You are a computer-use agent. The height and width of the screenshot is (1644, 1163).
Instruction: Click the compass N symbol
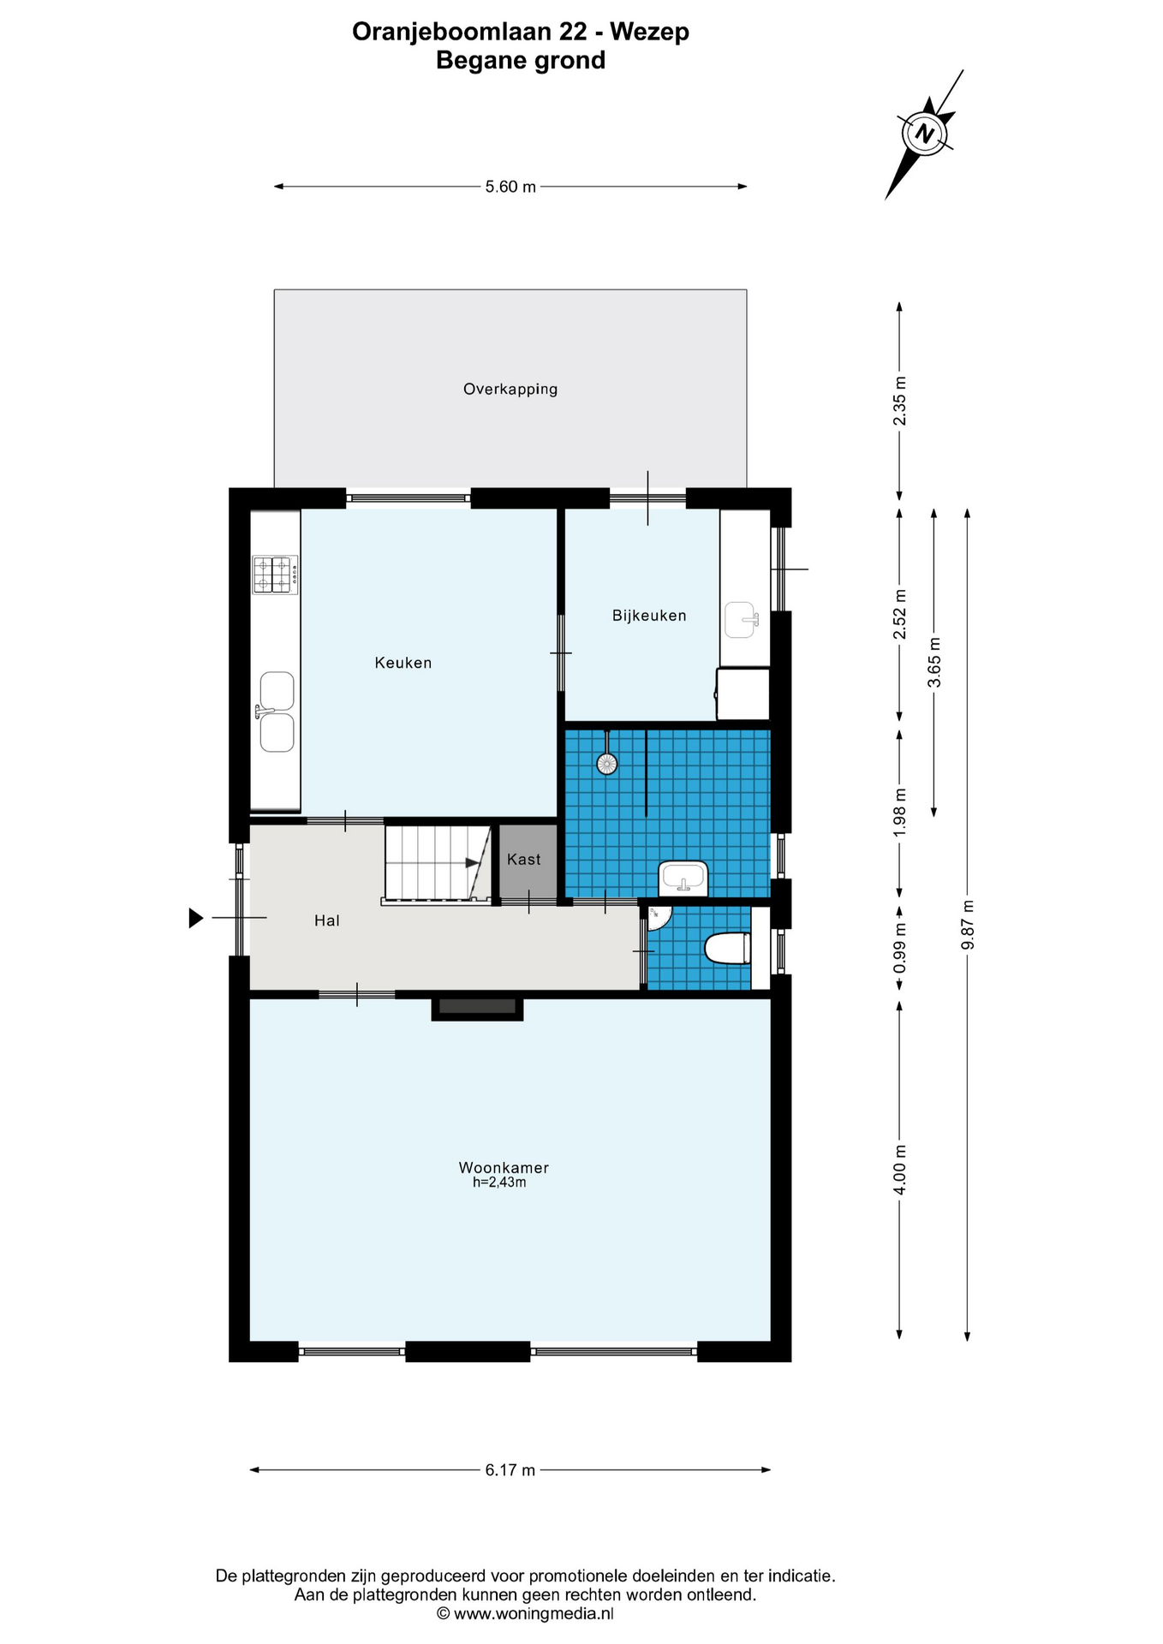click(924, 134)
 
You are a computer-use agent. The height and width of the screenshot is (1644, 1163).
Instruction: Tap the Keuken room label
click(403, 663)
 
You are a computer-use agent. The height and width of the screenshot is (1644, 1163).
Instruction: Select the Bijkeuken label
click(649, 616)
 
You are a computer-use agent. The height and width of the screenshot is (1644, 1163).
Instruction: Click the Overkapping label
click(510, 390)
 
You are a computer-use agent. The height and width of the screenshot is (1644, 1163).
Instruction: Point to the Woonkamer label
click(504, 1168)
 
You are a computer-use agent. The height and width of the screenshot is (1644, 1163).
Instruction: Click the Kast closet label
click(524, 859)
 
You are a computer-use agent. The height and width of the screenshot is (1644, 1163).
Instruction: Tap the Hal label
click(327, 920)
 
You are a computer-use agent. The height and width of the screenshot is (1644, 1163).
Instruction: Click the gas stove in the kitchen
click(276, 575)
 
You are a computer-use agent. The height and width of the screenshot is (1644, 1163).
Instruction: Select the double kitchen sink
click(276, 712)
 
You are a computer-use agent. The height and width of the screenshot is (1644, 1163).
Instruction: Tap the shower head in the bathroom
click(607, 763)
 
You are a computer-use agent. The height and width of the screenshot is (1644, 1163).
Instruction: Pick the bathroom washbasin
click(683, 879)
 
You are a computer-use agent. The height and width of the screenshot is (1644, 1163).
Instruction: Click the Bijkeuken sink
click(742, 620)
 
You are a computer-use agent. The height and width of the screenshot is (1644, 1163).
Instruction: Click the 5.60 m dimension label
click(510, 187)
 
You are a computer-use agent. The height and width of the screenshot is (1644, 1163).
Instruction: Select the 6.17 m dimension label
click(510, 1470)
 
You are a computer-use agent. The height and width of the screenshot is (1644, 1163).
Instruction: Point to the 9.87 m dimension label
click(968, 925)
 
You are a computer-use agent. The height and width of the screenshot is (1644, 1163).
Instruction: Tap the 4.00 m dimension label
click(899, 1170)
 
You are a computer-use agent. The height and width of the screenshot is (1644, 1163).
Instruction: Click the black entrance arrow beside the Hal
click(196, 918)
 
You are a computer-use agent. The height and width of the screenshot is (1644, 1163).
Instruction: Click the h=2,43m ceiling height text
click(499, 1182)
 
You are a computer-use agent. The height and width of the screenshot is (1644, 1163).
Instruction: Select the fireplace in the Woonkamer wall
click(477, 1008)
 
